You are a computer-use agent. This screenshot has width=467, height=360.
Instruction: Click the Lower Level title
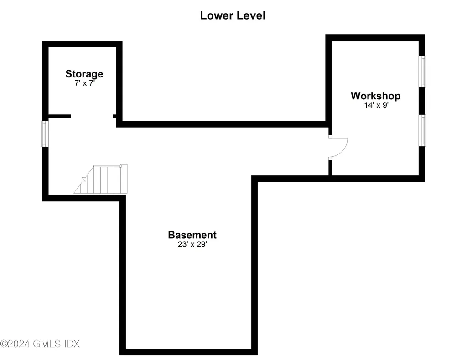[x=233, y=15]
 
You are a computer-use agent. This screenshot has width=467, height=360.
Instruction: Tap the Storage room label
[x=84, y=74]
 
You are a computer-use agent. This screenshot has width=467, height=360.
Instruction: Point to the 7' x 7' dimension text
[x=84, y=83]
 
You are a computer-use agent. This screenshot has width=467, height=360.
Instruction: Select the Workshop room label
[x=376, y=96]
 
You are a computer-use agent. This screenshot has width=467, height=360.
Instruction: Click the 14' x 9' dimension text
[x=376, y=105]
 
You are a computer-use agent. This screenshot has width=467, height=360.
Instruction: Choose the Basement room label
[x=192, y=235]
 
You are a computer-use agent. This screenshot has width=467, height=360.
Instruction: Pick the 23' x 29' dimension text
[x=192, y=244]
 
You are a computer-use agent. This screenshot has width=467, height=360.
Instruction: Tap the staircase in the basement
[x=101, y=179]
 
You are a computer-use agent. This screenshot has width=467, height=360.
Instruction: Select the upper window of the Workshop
[x=422, y=72]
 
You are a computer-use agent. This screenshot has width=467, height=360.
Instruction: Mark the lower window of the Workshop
[x=422, y=130]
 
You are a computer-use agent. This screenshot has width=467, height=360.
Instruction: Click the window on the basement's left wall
[x=45, y=134]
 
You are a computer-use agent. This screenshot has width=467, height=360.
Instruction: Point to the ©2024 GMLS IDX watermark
[x=40, y=344]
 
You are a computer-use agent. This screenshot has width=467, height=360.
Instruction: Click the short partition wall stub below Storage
[x=60, y=116]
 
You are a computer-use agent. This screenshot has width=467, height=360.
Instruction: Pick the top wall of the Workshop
[x=375, y=37]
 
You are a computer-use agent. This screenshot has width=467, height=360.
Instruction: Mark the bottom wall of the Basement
[x=188, y=352]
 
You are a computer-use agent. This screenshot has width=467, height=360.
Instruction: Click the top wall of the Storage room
[x=82, y=44]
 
